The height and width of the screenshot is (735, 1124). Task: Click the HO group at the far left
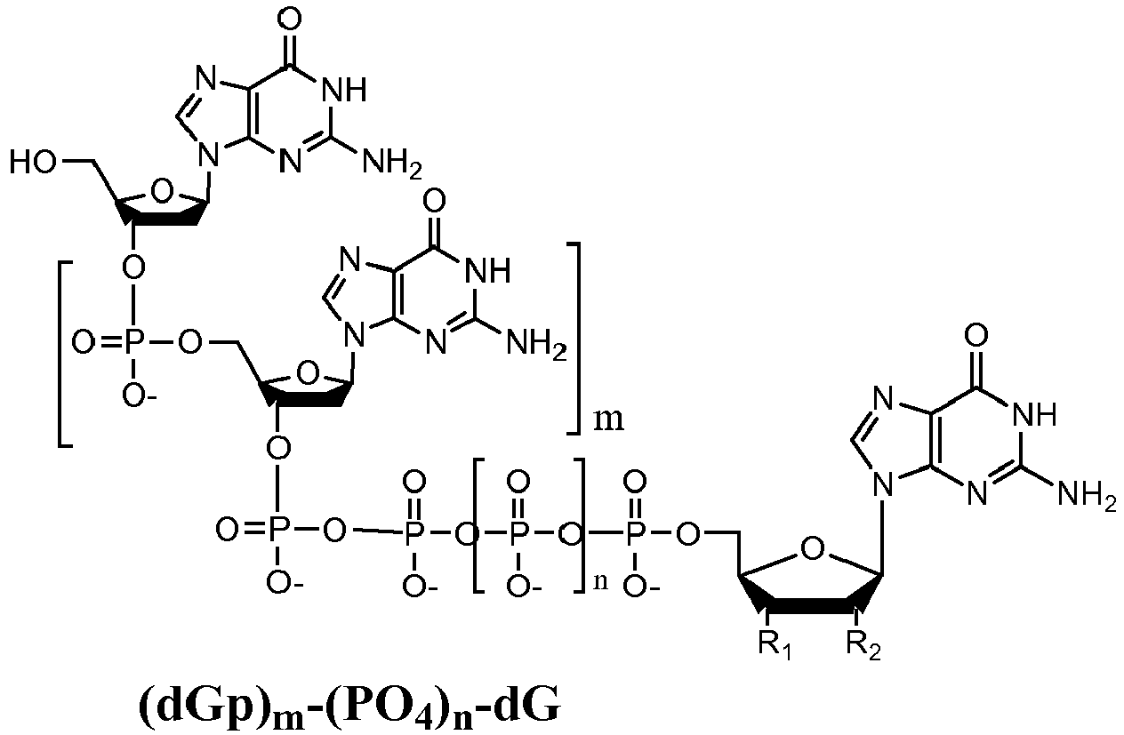click(33, 163)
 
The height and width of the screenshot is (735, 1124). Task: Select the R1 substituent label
click(775, 646)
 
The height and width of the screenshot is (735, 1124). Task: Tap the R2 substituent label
click(863, 646)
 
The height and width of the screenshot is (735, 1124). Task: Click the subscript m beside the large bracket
click(609, 419)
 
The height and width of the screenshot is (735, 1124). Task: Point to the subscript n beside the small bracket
click(600, 582)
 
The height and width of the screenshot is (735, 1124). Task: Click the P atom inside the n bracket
click(518, 531)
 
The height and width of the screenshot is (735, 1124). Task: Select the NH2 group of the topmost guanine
click(392, 164)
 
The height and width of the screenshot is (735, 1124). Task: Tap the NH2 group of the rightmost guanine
click(1088, 493)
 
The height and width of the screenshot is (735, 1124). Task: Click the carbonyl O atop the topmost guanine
click(289, 20)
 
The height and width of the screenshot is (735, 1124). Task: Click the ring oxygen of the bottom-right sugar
click(813, 548)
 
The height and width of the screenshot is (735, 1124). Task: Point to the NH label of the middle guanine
click(487, 271)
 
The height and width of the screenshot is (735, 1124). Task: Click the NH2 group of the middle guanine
click(536, 344)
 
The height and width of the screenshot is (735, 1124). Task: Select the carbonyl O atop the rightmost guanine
click(976, 335)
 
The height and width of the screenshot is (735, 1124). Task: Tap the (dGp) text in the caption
click(204, 708)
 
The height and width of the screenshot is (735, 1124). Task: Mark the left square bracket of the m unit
click(65, 354)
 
